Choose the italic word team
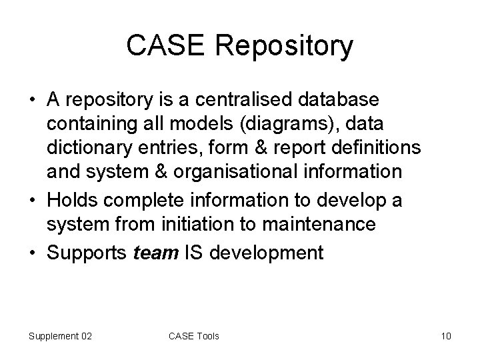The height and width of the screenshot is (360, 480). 153,253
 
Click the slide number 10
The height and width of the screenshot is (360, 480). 446,336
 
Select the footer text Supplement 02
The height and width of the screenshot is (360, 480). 60,336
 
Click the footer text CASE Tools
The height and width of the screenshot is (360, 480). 193,336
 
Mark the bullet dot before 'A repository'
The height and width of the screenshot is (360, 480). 32,101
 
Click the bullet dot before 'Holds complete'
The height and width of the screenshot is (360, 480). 32,198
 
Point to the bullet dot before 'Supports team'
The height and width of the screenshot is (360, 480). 32,253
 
